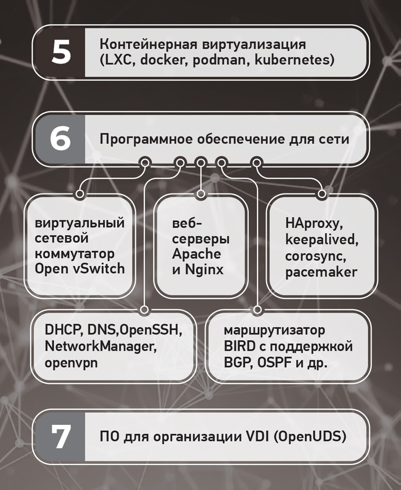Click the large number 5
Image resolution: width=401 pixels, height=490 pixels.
61,52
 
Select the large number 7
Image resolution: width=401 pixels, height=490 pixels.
61,436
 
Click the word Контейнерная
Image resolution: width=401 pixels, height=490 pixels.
149,44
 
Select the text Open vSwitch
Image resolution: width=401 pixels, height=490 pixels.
80,269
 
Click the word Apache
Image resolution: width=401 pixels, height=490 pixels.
196,254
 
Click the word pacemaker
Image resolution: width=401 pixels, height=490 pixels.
321,272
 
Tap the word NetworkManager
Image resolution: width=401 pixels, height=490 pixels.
101,347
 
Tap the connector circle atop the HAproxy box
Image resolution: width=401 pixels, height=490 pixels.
322,194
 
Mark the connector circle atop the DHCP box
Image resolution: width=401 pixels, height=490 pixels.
144,309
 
